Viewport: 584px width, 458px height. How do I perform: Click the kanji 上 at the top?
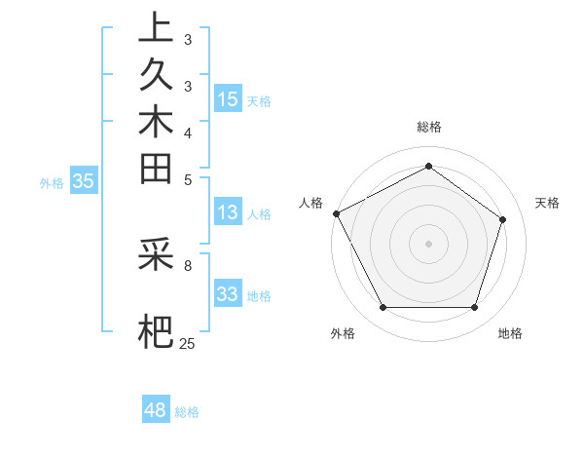tap(156, 28)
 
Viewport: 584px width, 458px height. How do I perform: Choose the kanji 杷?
tap(156, 331)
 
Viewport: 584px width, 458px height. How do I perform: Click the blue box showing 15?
tap(228, 98)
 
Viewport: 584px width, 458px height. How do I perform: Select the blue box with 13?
tap(228, 212)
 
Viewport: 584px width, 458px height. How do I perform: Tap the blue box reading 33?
tap(228, 294)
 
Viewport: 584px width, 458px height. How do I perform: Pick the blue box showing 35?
tap(84, 180)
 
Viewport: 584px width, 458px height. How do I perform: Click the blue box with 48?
tap(156, 410)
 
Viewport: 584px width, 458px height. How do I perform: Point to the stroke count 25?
tap(187, 343)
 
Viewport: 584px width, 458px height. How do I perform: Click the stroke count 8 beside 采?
tap(188, 263)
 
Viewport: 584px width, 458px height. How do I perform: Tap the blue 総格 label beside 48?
tap(187, 412)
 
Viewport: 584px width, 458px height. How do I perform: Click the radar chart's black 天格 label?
tap(547, 203)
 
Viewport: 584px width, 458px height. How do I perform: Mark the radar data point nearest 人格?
tap(336, 213)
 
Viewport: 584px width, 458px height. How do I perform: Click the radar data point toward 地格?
tap(474, 308)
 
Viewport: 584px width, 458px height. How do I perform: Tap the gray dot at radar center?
tap(428, 243)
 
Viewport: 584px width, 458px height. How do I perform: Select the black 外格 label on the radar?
tap(343, 334)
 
